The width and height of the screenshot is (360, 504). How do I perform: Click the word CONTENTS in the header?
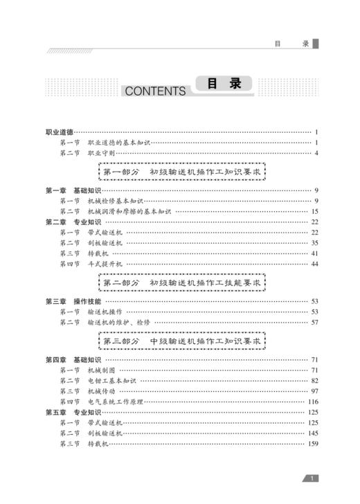pos(155,91)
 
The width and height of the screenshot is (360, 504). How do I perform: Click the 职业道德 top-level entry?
pos(59,132)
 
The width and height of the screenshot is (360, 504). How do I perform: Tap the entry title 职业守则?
pos(100,152)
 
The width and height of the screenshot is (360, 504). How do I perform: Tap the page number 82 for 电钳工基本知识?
pos(314,381)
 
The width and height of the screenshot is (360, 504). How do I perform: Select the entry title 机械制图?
pos(100,370)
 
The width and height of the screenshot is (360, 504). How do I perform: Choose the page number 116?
pos(313,402)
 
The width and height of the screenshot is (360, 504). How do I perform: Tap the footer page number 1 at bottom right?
pos(313,478)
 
